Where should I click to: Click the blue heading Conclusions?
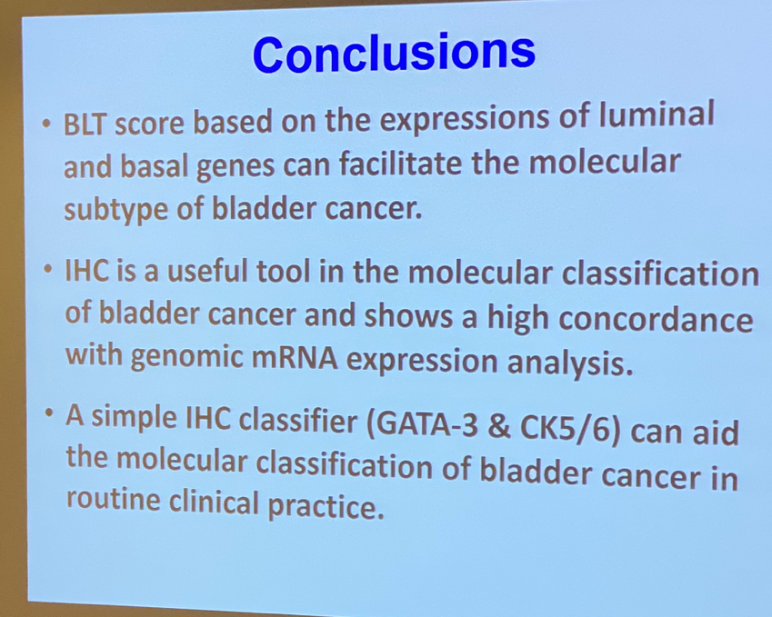tap(394, 53)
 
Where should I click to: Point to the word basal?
tap(155, 167)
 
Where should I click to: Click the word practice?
tap(326, 505)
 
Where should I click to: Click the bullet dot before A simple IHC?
tap(48, 413)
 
